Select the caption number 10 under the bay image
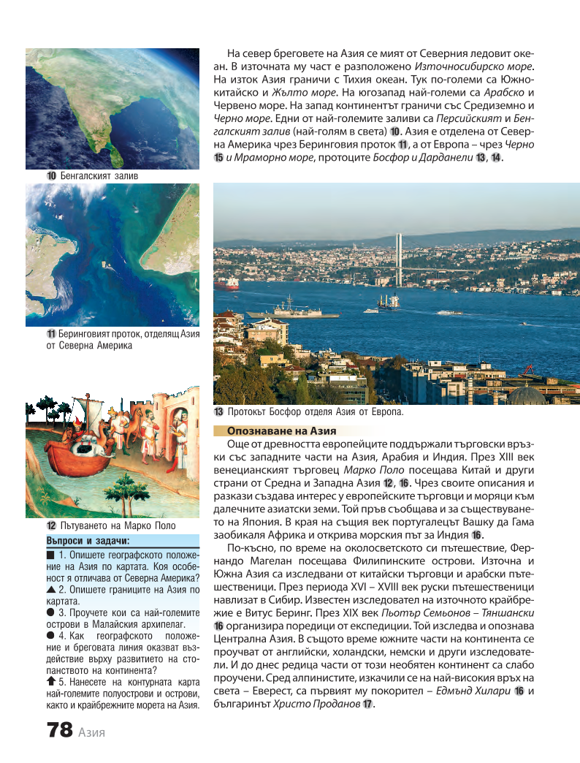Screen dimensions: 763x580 52,176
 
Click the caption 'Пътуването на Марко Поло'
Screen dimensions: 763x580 117,525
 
